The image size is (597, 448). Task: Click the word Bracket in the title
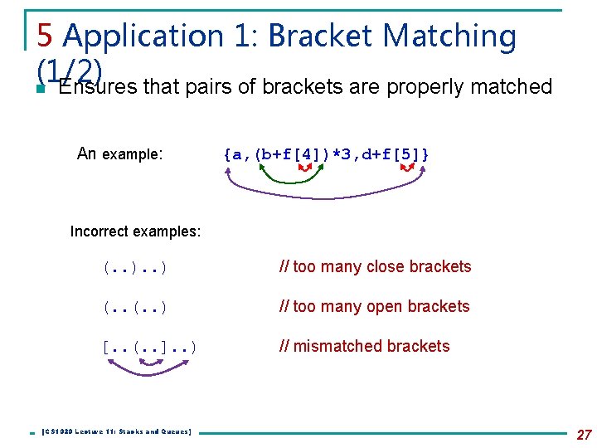(317, 36)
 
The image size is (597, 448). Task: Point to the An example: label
(119, 153)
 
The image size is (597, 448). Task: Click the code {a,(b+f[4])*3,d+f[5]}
(326, 153)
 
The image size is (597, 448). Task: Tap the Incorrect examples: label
(136, 231)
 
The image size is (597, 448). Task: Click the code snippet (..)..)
(134, 267)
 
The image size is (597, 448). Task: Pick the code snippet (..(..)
(134, 307)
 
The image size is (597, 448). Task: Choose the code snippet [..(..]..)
(149, 347)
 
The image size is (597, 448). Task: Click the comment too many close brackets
(376, 267)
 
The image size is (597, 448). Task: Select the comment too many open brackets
(375, 307)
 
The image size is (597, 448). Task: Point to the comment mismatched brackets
(365, 347)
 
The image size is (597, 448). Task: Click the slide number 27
(583, 434)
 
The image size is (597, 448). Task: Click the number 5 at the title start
(46, 36)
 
